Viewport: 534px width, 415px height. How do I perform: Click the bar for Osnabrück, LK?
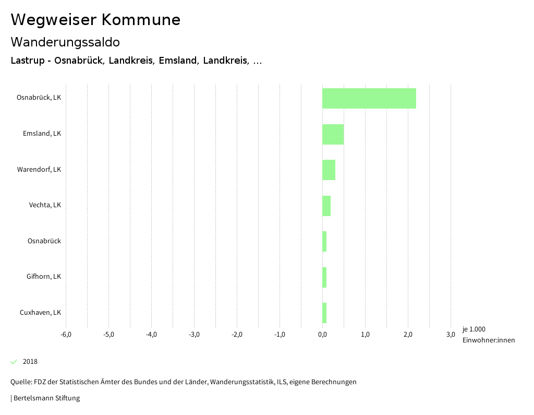coord(369,98)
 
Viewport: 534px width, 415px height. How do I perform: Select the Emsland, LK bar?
coord(333,134)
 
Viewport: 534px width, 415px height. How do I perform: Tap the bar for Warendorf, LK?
coord(329,170)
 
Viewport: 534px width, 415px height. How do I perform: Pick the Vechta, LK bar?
coord(326,206)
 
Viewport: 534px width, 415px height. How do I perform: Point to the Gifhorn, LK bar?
coord(324,277)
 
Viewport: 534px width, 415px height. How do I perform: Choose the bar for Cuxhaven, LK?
coord(324,313)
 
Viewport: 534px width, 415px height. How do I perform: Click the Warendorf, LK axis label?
coord(39,170)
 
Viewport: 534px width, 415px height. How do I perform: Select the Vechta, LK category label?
coord(45,205)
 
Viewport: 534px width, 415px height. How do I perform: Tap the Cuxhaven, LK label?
coord(40,313)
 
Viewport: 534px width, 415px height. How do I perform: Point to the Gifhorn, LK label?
coord(44,277)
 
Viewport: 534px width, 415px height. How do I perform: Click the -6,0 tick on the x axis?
coord(66,335)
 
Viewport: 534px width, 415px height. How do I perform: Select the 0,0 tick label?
coord(322,335)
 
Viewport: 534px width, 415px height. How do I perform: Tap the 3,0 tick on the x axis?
coord(451,335)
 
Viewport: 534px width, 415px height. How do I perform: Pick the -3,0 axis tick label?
coord(194,335)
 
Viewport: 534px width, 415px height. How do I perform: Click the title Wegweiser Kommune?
coord(95,20)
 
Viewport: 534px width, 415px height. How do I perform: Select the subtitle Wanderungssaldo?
coord(65,42)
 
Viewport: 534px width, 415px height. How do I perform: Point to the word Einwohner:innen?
coord(488,340)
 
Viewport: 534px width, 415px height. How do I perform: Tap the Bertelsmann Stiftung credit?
coord(46,398)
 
